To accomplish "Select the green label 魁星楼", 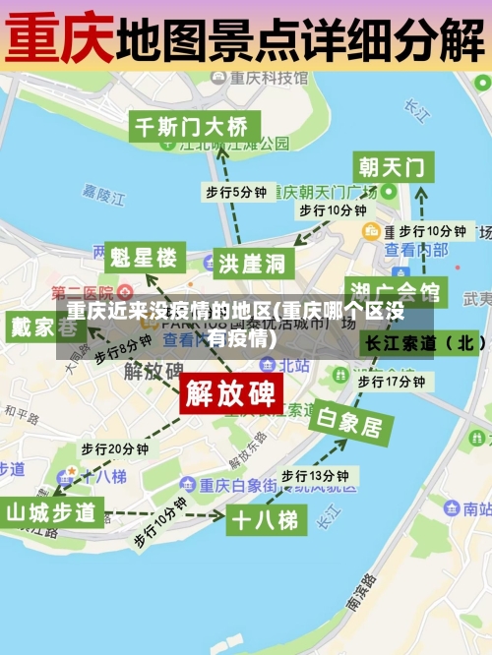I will click(144, 259).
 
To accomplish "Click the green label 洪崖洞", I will click(252, 263).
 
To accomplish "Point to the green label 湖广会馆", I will click(396, 292).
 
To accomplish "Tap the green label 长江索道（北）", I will click(425, 342).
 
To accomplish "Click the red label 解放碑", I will click(231, 393).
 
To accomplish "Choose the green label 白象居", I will click(347, 423).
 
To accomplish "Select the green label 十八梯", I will click(263, 519).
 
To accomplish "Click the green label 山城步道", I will click(52, 512).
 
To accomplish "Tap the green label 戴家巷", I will click(33, 327).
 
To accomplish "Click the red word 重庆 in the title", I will click(59, 38).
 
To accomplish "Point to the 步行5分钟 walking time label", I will click(235, 191).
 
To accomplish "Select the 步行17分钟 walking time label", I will click(391, 381).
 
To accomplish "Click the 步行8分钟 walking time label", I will click(124, 349).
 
